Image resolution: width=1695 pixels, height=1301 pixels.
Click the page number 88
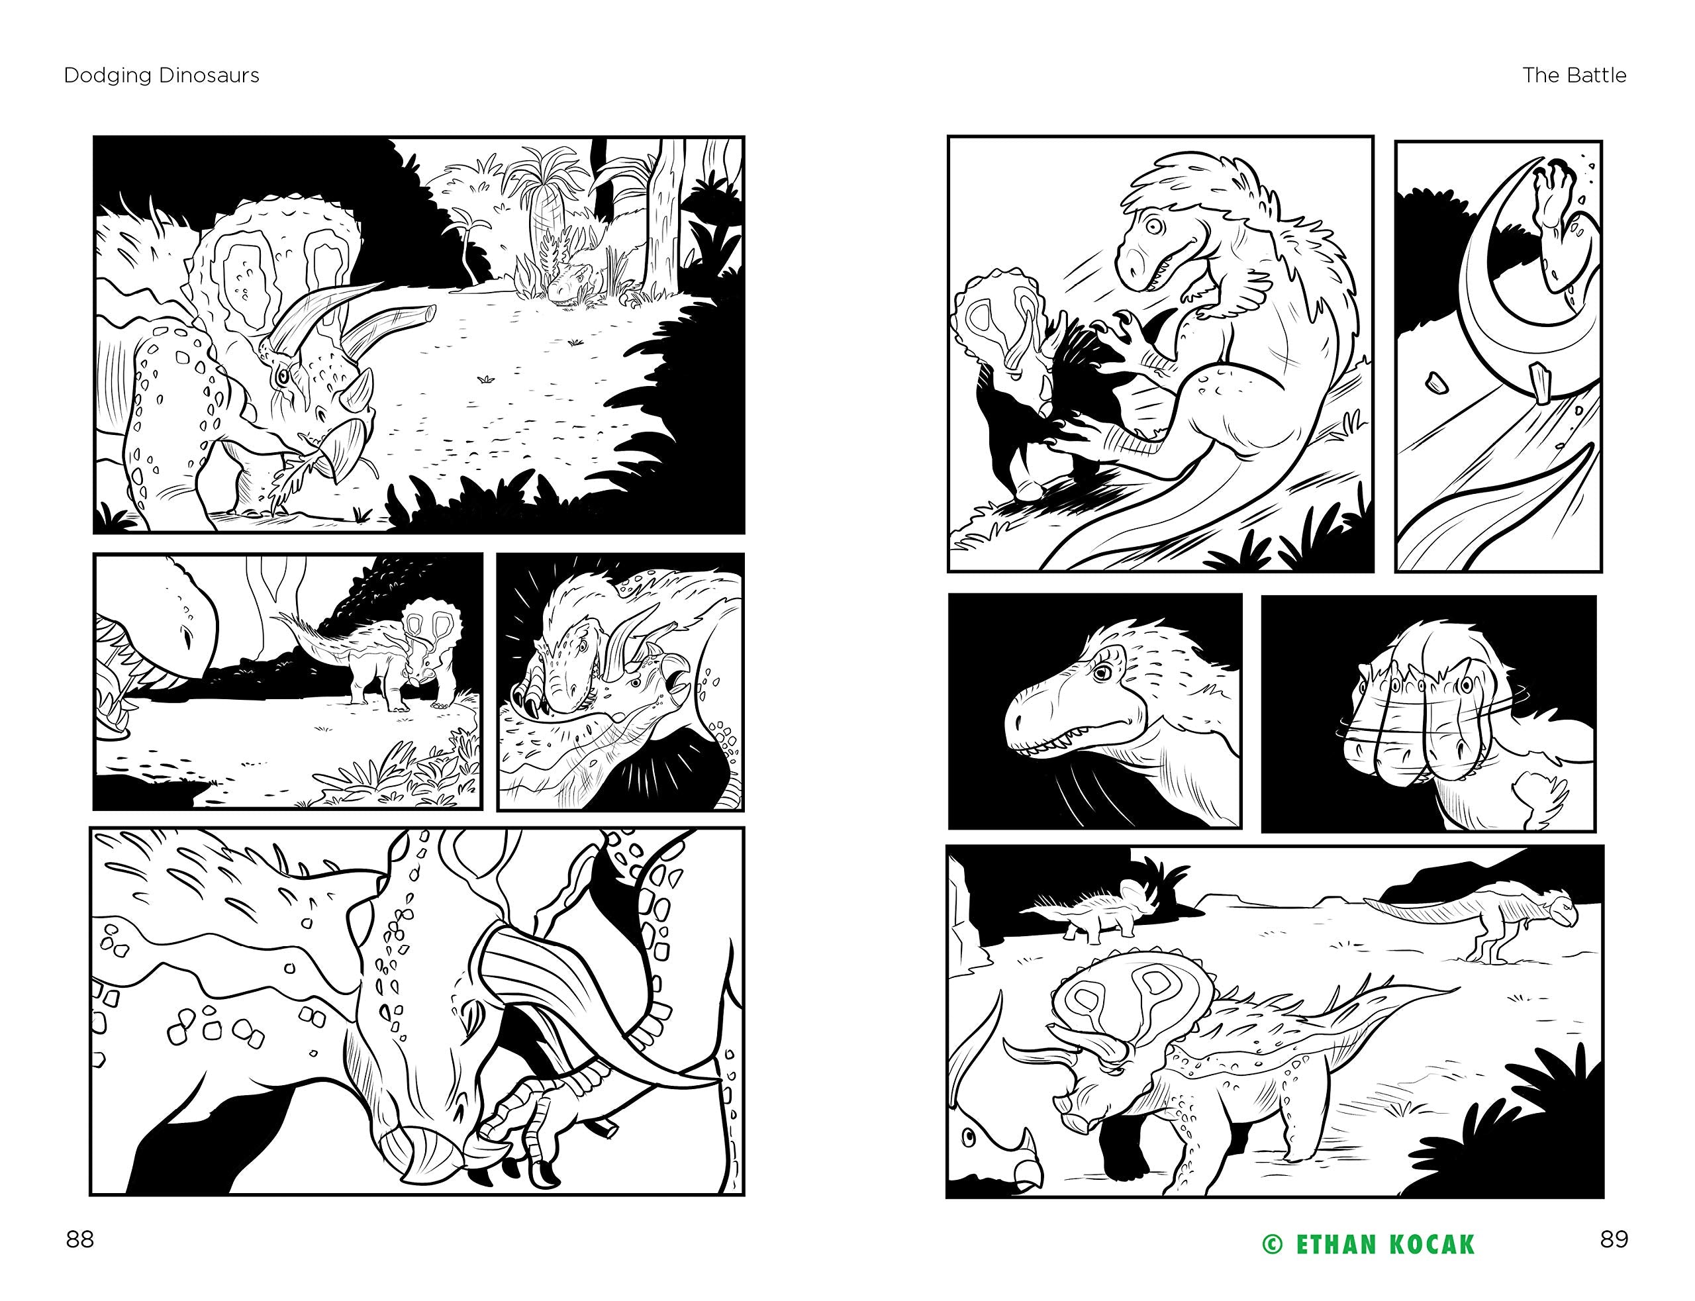click(79, 1240)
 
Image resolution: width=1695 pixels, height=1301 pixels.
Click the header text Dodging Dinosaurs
click(161, 75)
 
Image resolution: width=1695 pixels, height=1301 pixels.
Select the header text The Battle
click(1574, 75)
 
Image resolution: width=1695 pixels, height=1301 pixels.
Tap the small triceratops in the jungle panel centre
click(403, 658)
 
